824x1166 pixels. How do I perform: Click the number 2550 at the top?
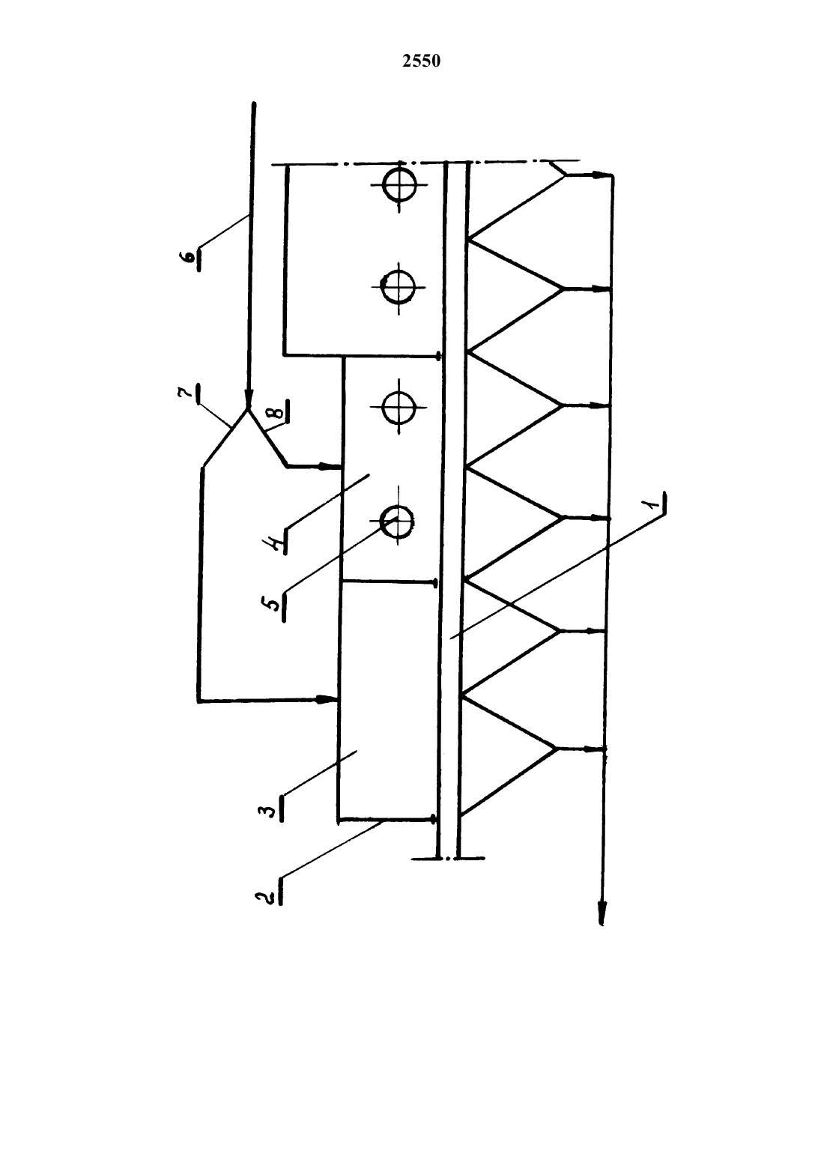421,61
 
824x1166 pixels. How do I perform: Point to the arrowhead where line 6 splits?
248,402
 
